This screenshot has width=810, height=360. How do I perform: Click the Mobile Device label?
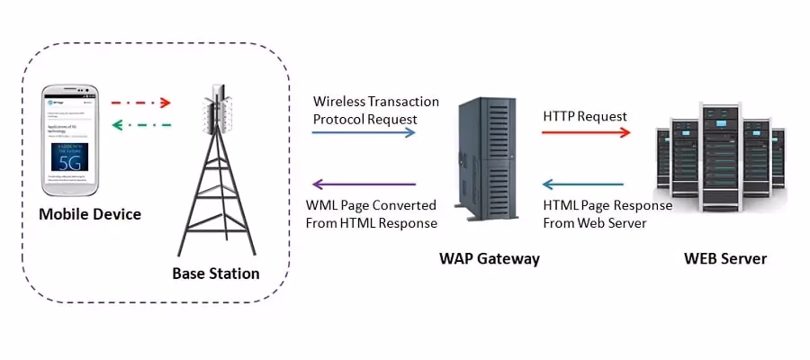pos(90,214)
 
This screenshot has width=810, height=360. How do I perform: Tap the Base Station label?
pos(215,273)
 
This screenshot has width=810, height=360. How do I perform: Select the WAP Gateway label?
pos(489,259)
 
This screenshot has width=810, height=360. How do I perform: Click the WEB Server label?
pos(724,259)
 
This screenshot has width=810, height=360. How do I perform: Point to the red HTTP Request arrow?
pos(586,132)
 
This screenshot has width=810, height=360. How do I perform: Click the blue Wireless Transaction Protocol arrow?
pos(364,132)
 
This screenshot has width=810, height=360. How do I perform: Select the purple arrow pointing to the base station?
pos(364,184)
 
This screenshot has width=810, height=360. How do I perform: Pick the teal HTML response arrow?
pos(586,184)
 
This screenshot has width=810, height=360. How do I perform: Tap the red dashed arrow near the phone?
pos(139,103)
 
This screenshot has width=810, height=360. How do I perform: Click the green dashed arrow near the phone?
pos(139,125)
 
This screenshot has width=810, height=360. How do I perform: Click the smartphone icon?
pos(72,139)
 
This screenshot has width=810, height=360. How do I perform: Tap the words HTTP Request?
pos(585,116)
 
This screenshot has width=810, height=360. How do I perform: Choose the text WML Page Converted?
pos(371,205)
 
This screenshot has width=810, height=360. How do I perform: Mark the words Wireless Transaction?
pos(375,101)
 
